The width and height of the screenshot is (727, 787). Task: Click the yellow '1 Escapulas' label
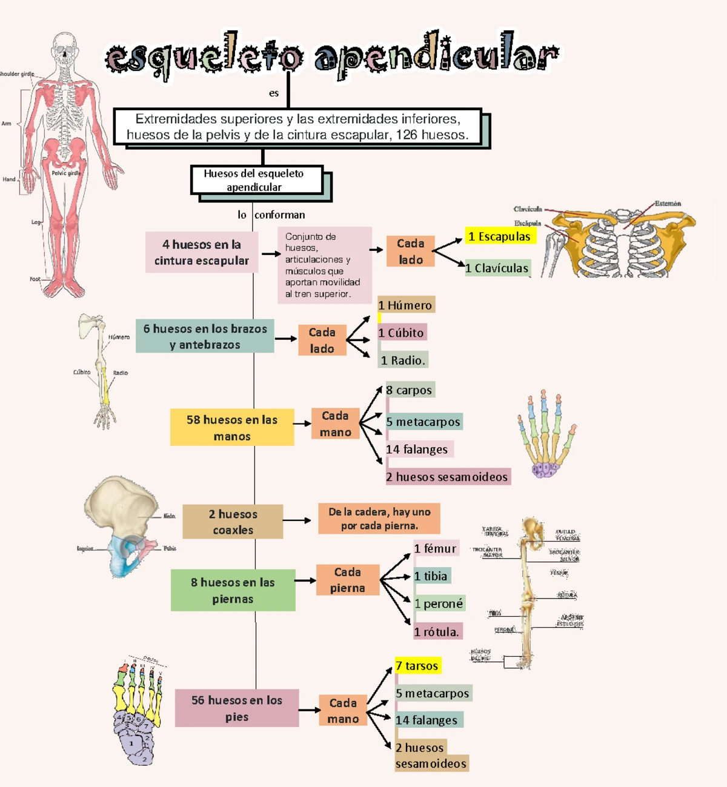500,236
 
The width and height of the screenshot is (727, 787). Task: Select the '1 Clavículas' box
497,268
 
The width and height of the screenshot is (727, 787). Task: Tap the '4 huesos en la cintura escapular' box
202,252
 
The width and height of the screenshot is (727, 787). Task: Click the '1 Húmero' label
405,305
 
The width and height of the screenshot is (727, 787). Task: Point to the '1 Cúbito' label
402,333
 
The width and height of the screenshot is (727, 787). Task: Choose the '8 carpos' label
410,390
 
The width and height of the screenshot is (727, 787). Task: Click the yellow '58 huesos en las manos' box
231,427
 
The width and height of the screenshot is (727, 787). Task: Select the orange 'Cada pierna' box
348,580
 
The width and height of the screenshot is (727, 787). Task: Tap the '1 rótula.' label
437,632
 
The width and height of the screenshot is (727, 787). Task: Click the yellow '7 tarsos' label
417,666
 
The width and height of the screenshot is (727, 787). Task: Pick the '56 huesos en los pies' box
237,708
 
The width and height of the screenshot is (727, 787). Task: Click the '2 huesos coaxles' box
233,522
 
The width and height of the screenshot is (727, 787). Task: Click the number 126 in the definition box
408,134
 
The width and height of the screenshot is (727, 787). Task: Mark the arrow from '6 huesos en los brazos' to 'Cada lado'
285,339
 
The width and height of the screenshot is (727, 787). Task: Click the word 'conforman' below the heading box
280,215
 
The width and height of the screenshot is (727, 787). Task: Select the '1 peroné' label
439,604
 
